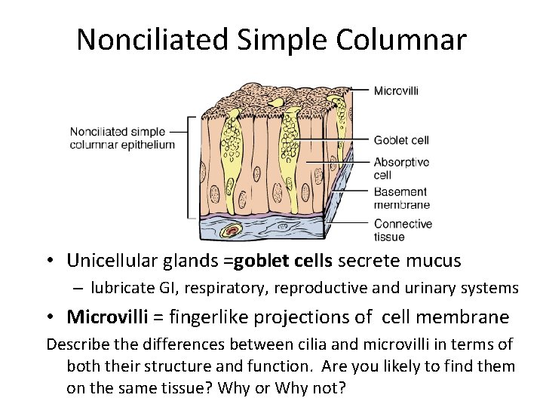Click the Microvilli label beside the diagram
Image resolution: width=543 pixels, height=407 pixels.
[x=397, y=91]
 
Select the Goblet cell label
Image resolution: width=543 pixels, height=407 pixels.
[x=401, y=139]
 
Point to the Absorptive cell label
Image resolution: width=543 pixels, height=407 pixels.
[x=401, y=167]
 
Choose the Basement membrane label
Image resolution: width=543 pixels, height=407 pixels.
[x=401, y=197]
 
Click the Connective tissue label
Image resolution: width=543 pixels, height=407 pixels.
[x=403, y=230]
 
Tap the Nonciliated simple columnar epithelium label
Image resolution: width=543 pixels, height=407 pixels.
[x=122, y=138]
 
